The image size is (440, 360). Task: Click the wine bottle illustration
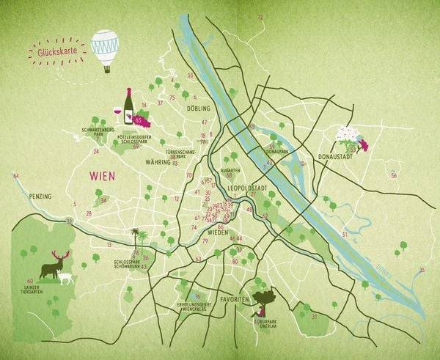pyautogui.click(x=128, y=106)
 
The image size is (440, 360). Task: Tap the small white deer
pyautogui.click(x=66, y=279)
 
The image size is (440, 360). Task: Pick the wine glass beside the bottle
pyautogui.click(x=117, y=112)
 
